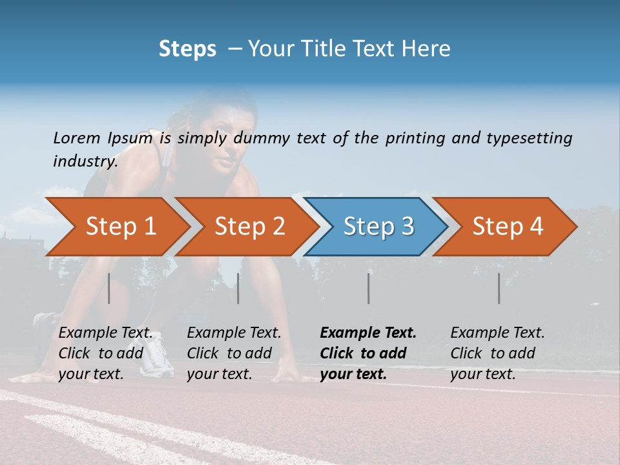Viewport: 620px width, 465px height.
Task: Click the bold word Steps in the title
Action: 187,48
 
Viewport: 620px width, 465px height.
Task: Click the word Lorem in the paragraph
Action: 77,138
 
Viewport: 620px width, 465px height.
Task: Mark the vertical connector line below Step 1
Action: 109,288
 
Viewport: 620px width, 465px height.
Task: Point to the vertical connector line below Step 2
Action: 238,288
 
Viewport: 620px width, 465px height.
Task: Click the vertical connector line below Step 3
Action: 369,288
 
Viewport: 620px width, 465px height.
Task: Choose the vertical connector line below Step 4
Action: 499,288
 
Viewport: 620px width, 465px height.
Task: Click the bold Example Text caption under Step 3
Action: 368,353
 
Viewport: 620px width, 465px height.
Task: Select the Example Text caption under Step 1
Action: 106,353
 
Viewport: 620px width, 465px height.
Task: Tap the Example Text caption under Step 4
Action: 497,353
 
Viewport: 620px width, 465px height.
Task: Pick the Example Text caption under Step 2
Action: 234,353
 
